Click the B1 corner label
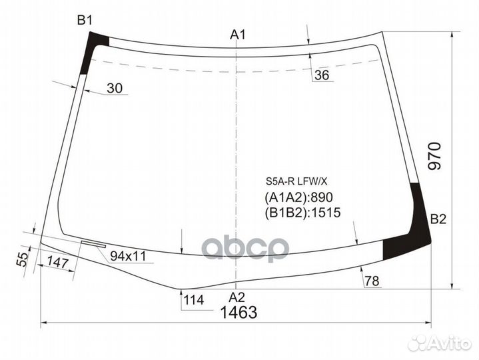(84, 21)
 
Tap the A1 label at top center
(239, 35)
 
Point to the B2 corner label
(438, 219)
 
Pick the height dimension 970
(434, 157)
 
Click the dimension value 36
(322, 75)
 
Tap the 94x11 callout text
(128, 256)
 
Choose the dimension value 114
(193, 299)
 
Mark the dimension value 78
(372, 281)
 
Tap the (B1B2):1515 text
(302, 213)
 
